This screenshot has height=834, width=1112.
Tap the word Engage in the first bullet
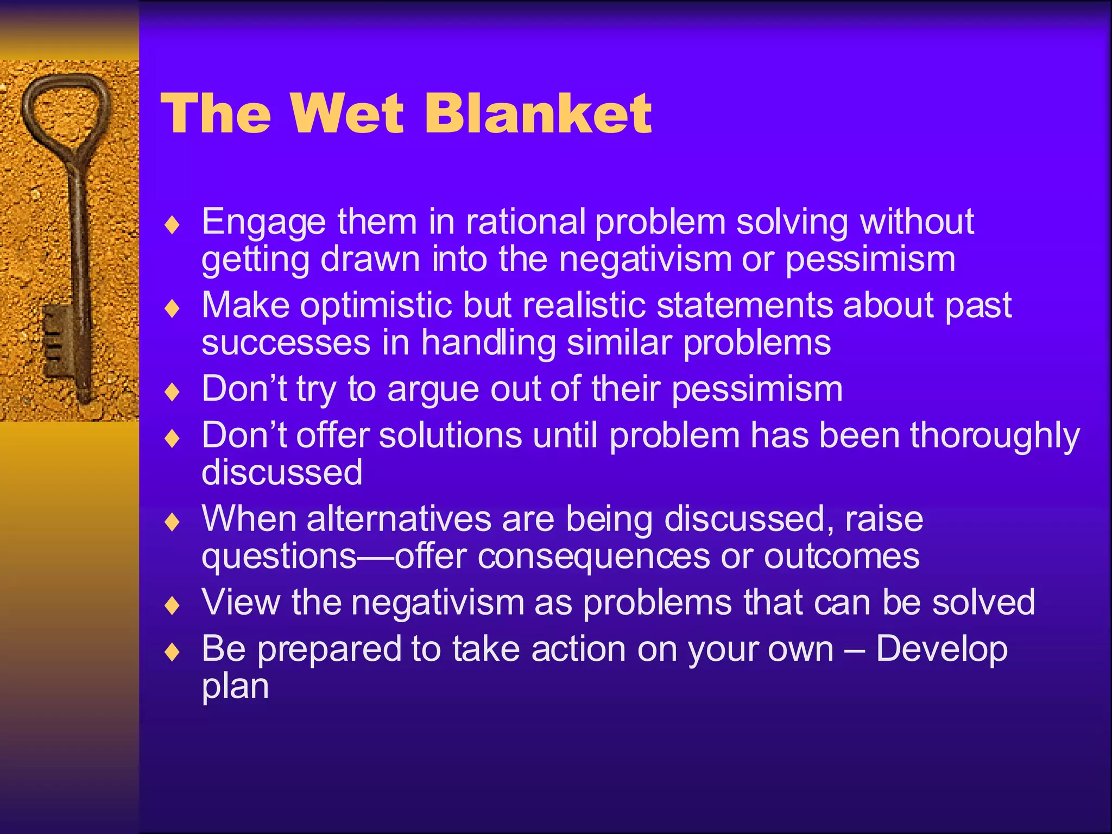coord(264,223)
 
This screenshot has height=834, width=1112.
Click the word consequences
coord(593,557)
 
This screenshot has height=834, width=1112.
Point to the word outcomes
coord(842,557)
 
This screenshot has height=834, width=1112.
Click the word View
coord(241,603)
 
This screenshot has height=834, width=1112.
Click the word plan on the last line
coord(235,687)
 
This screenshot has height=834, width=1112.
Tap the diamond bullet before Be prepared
coord(172,652)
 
